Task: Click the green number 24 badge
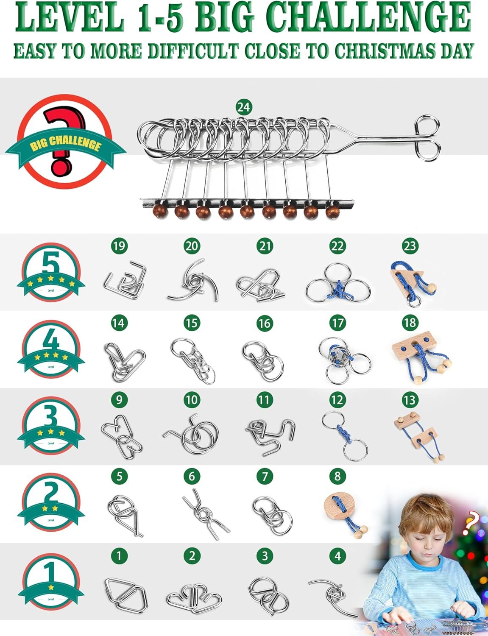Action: click(x=243, y=107)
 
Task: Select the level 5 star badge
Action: click(x=51, y=272)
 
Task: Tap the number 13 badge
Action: click(x=410, y=399)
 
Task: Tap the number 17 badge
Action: click(x=337, y=323)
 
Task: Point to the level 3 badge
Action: click(x=51, y=426)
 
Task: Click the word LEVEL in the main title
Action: click(x=70, y=17)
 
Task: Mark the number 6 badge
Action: click(x=192, y=476)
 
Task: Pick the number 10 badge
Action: click(x=192, y=399)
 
